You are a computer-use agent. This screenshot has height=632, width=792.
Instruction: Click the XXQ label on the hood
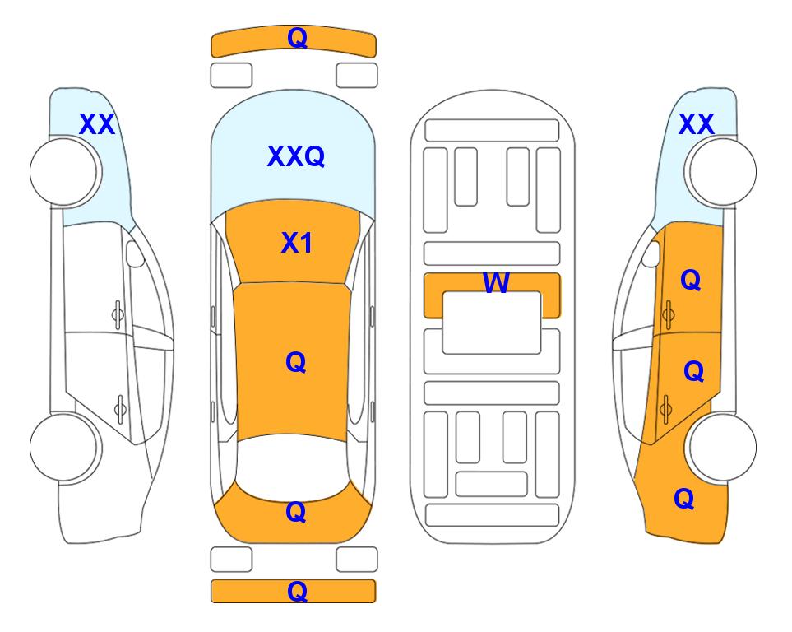(x=296, y=156)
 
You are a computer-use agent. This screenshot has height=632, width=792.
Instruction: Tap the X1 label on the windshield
(x=297, y=244)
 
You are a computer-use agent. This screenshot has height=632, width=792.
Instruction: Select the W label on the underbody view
(x=496, y=282)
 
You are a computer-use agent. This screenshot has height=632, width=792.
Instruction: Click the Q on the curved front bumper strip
(x=297, y=38)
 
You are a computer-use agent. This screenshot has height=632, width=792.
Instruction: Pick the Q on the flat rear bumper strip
(x=297, y=591)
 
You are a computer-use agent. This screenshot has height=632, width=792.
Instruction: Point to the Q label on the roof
(x=296, y=362)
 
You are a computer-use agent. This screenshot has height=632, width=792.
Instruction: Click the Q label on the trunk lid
(x=296, y=512)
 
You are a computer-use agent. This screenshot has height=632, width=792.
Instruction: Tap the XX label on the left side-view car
(x=97, y=124)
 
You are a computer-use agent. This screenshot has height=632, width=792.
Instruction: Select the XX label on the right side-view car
(x=696, y=124)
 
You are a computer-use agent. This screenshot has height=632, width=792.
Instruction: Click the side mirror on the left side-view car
(x=134, y=253)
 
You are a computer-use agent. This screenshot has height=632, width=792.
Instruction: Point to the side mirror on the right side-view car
(x=651, y=253)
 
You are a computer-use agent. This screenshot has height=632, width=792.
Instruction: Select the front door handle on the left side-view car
(x=118, y=315)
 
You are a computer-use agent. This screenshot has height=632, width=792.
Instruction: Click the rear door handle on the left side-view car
(x=121, y=408)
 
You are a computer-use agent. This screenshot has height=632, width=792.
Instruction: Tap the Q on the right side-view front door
(x=691, y=280)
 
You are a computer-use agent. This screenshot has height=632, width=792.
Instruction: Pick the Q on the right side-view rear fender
(x=684, y=499)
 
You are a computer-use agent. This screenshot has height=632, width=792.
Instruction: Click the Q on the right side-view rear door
(x=693, y=372)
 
